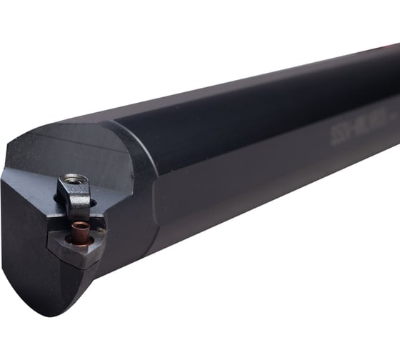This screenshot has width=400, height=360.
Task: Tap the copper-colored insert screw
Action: pos(80,230)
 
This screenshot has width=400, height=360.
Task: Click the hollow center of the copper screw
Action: pos(80,229)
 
